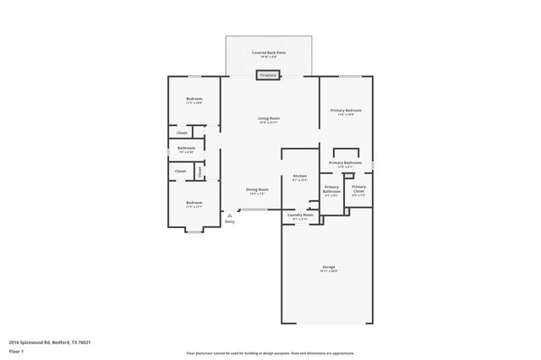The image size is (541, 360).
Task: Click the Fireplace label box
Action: pyautogui.click(x=269, y=75)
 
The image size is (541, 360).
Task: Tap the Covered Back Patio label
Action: pyautogui.click(x=269, y=52)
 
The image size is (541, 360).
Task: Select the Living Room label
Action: pyautogui.click(x=269, y=118)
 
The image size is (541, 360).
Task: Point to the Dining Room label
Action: pyautogui.click(x=257, y=189)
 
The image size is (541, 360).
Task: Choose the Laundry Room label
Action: pyautogui.click(x=300, y=215)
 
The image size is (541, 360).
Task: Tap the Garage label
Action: pyautogui.click(x=329, y=265)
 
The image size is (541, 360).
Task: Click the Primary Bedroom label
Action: pyautogui.click(x=346, y=111)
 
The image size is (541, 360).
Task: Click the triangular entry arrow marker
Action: pyautogui.click(x=228, y=215)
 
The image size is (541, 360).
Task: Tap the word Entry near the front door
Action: pyautogui.click(x=229, y=222)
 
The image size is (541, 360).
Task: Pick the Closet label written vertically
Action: pyautogui.click(x=199, y=172)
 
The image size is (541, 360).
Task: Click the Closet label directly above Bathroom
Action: pyautogui.click(x=182, y=133)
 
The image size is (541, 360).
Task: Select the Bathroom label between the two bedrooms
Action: pyautogui.click(x=186, y=149)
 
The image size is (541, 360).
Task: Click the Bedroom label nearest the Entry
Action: pyautogui.click(x=194, y=202)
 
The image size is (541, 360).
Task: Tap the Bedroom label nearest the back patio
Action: pyautogui.click(x=194, y=99)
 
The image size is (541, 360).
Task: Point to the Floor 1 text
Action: pyautogui.click(x=16, y=351)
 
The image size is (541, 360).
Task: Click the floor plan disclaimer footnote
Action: pyautogui.click(x=270, y=352)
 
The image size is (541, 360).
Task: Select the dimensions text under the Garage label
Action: pyautogui.click(x=329, y=270)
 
